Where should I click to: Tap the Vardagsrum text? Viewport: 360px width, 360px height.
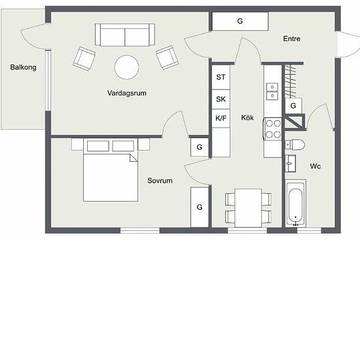coord(126,94)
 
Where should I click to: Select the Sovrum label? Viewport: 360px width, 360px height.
coord(160,181)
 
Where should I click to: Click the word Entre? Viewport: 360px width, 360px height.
coord(291,39)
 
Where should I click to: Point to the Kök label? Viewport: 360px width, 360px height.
coord(247,118)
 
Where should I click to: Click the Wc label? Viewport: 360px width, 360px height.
coord(315,166)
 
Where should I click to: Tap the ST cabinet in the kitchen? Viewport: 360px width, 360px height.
coord(221,77)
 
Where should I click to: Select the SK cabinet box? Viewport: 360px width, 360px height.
coord(221,99)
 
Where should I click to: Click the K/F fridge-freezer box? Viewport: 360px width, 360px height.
coord(221,118)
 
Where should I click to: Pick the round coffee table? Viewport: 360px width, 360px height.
coord(126,66)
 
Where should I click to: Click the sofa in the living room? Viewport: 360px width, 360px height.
coord(124,34)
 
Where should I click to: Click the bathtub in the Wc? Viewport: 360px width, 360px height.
coord(296,202)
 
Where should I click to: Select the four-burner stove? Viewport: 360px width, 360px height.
coord(272,128)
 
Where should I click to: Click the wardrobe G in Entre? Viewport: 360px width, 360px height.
coord(240,22)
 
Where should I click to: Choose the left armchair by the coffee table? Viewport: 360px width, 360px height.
coord(84,58)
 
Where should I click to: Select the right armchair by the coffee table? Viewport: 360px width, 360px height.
coord(167,58)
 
